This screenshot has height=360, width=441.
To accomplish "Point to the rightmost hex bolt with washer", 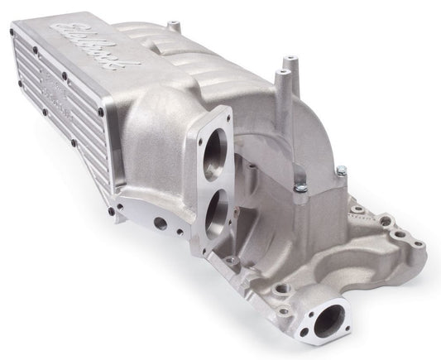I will click(x=341, y=170).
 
